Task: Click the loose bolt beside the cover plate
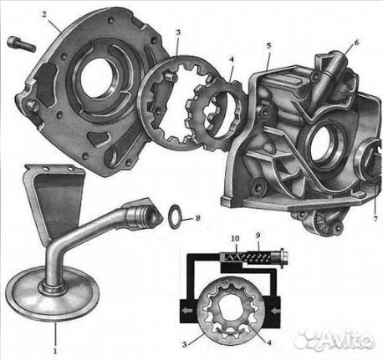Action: [x=22, y=44]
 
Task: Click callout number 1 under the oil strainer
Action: [x=55, y=351]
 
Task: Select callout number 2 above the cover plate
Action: [x=44, y=14]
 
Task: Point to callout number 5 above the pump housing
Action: [x=269, y=46]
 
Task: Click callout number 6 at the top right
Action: [x=356, y=43]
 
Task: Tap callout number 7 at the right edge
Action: [x=375, y=219]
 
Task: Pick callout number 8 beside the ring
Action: [x=197, y=218]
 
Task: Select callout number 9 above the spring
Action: [x=258, y=236]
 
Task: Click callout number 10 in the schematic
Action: [x=235, y=238]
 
